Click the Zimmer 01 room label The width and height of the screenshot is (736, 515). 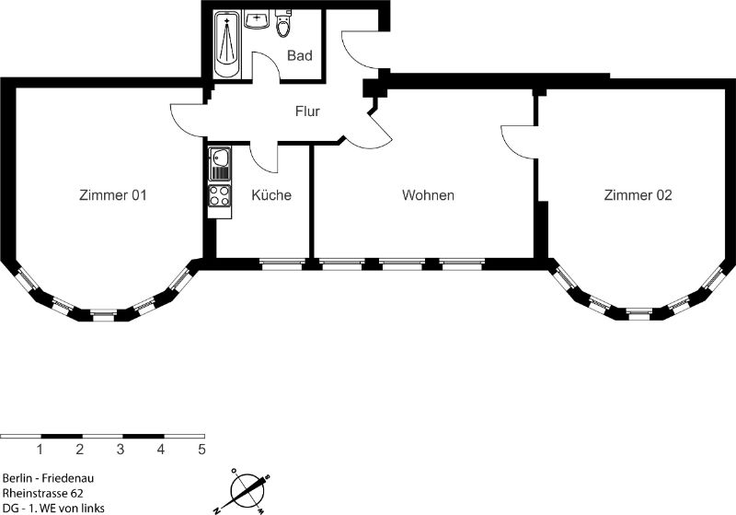(x=112, y=195)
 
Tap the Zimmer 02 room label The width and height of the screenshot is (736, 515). (x=638, y=195)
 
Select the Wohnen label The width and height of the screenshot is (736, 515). (x=428, y=195)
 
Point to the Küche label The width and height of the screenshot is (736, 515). (x=271, y=194)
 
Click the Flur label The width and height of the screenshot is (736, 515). (x=307, y=111)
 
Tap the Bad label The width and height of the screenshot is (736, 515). (x=300, y=55)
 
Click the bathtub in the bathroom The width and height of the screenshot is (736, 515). (x=227, y=45)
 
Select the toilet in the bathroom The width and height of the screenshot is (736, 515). (x=282, y=23)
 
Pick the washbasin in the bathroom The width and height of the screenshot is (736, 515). (x=257, y=19)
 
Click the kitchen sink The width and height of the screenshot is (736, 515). (x=219, y=164)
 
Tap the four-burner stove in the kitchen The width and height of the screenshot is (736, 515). (x=220, y=196)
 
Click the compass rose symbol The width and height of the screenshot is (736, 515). (x=245, y=491)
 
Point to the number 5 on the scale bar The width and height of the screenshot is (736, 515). (x=201, y=450)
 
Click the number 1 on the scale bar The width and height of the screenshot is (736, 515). (x=40, y=450)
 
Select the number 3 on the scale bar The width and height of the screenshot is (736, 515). (x=121, y=450)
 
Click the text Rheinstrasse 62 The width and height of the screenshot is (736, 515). (x=42, y=493)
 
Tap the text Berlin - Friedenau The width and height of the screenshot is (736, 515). (x=48, y=478)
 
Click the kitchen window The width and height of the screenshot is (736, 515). (x=281, y=263)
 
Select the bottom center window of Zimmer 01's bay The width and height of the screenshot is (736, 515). (x=104, y=314)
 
